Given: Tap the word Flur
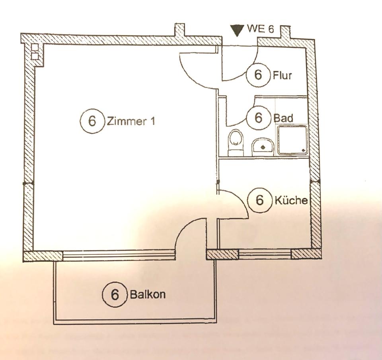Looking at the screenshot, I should coord(283,75).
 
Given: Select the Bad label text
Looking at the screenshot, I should coord(283,118).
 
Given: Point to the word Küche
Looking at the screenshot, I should coord(291,200).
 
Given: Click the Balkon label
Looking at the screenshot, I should coord(148,295).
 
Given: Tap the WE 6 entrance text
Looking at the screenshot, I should coord(261,29).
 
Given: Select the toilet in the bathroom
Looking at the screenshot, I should coord(236,141).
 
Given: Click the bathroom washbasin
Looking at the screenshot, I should coord(262,146).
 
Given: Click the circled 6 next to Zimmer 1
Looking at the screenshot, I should coord(92,121).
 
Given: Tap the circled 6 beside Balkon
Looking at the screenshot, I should coord(115,295).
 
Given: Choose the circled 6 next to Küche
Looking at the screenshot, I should coord(259,200).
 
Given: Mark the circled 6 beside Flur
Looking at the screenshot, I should coord(258,75).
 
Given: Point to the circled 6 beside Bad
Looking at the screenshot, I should coord(259,118).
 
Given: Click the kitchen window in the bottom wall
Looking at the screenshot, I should coord(265,254).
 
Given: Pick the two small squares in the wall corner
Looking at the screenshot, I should coord(35,52).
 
